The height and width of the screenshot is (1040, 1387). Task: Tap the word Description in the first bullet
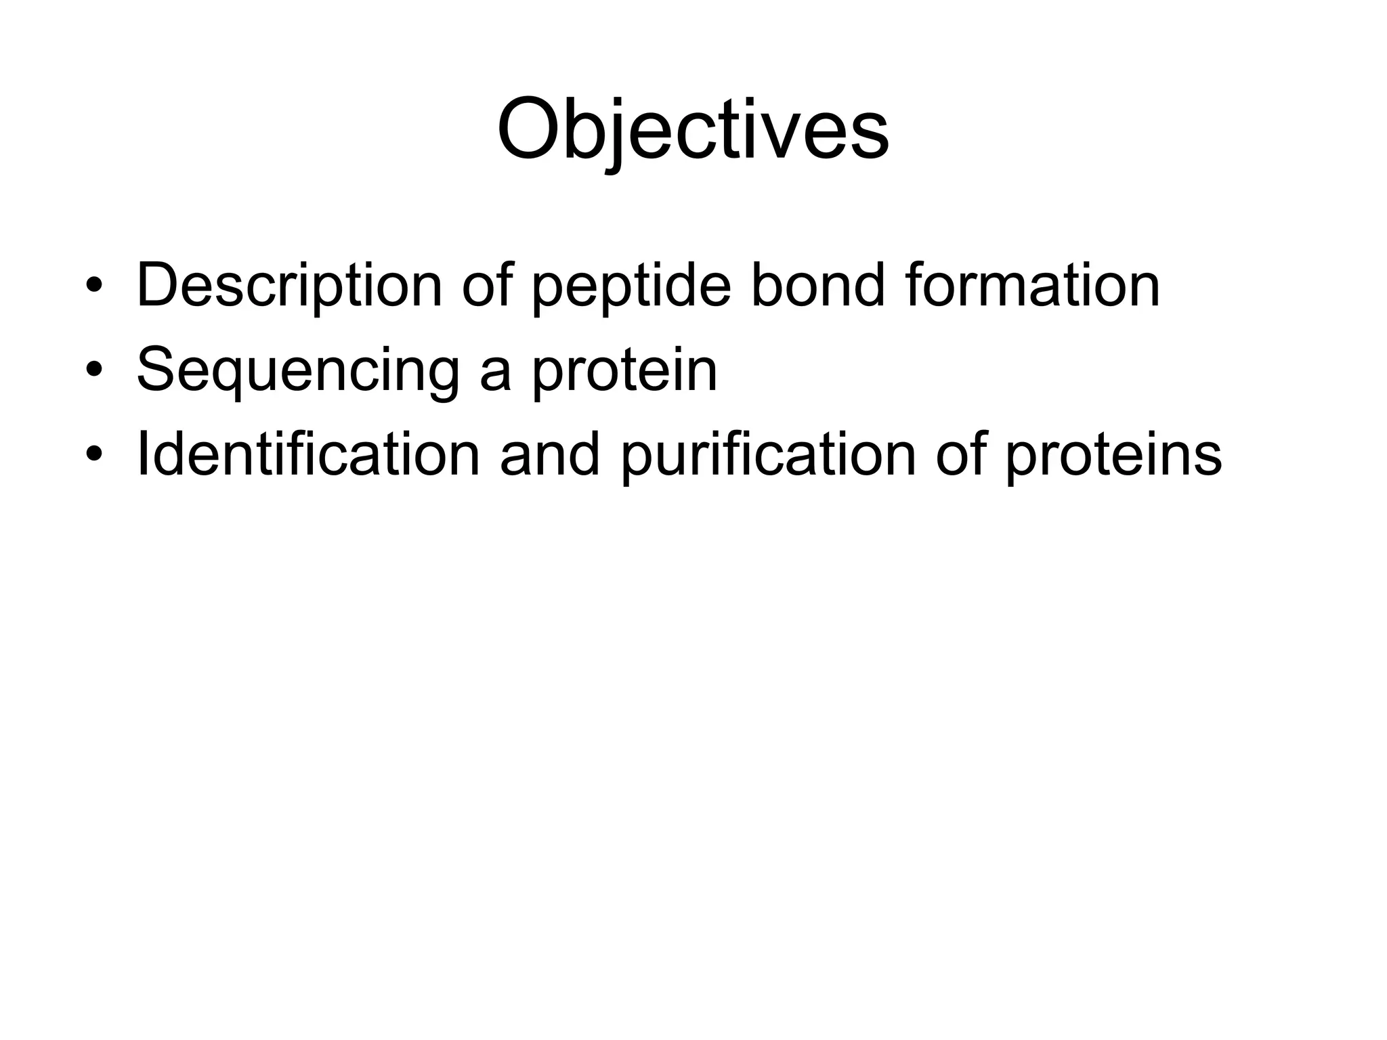click(289, 286)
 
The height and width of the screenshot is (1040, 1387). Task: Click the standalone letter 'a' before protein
click(496, 374)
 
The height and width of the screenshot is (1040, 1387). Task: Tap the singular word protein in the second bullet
click(624, 370)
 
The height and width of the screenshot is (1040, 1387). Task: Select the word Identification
click(308, 454)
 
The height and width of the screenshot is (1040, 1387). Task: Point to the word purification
click(768, 454)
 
